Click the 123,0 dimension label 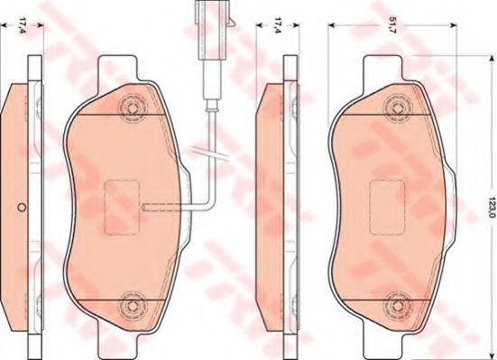(x=492, y=207)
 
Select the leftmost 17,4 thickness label (x=22, y=25)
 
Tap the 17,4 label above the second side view (x=278, y=25)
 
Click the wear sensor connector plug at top (x=210, y=30)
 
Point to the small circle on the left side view (x=22, y=208)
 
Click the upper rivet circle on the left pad (x=132, y=108)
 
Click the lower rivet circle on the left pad (x=132, y=305)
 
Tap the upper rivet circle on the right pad (x=397, y=108)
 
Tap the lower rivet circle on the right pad (x=397, y=305)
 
